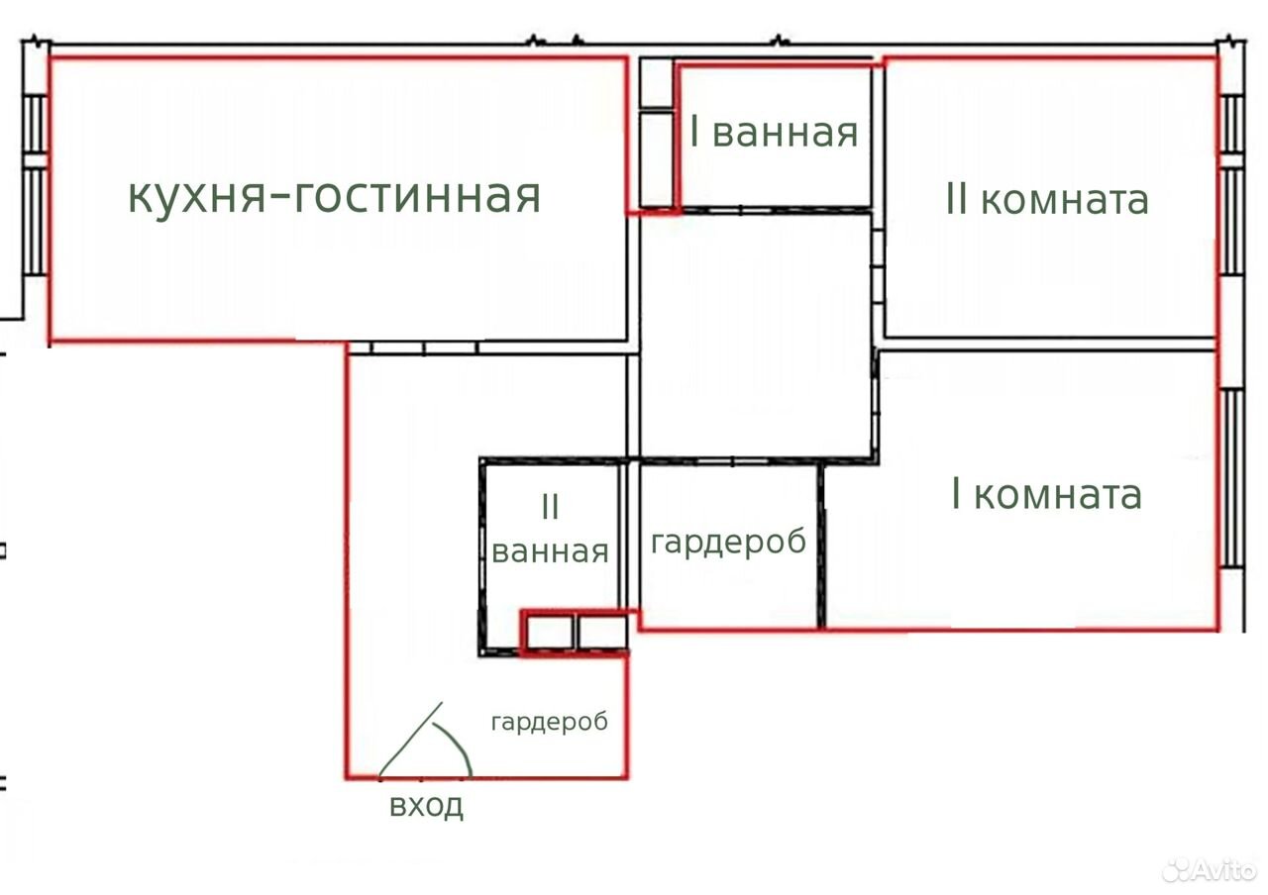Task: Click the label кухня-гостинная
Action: pyautogui.click(x=335, y=196)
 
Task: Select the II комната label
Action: pyautogui.click(x=1047, y=200)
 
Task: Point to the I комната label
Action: pyautogui.click(x=1047, y=494)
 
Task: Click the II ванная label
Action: pyautogui.click(x=550, y=529)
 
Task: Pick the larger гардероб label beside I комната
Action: pyautogui.click(x=728, y=543)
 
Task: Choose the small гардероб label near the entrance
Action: pyautogui.click(x=550, y=723)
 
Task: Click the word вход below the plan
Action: pyautogui.click(x=426, y=805)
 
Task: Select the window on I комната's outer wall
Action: pyautogui.click(x=1231, y=479)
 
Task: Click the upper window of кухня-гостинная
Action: pyautogui.click(x=35, y=124)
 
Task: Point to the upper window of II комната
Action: pyautogui.click(x=1231, y=124)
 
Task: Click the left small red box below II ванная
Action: pyautogui.click(x=548, y=633)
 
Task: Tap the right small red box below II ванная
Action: pyautogui.click(x=602, y=633)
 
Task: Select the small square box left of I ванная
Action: pyautogui.click(x=656, y=82)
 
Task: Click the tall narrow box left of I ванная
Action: pyautogui.click(x=656, y=159)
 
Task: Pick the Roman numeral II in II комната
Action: pyautogui.click(x=957, y=200)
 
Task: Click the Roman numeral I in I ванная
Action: pyautogui.click(x=694, y=132)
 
